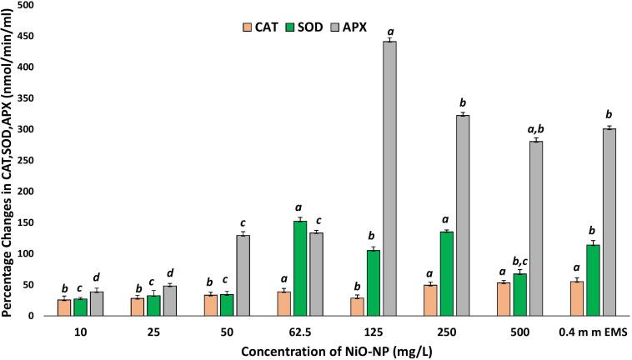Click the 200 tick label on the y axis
coord(32,192)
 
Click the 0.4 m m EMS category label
coord(591,330)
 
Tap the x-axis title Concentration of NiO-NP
coord(320,348)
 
